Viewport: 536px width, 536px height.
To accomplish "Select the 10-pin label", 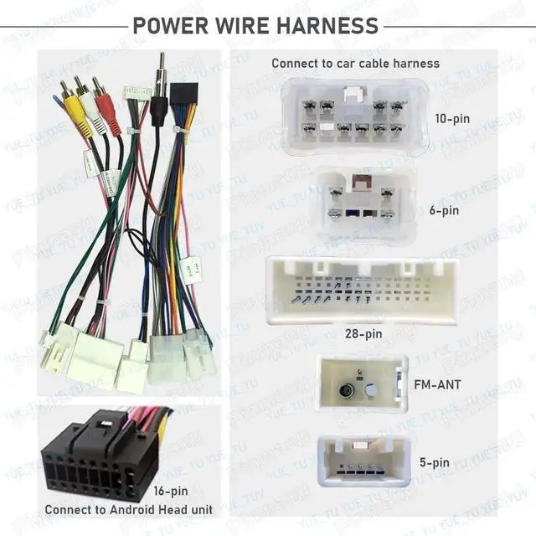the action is coord(453,118).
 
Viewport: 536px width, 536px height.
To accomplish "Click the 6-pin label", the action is coord(445,210).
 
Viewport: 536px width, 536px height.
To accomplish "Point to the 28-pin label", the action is coord(363,333).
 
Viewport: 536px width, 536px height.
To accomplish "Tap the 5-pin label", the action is coord(434,462).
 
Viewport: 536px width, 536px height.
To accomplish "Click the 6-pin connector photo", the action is coord(363,204).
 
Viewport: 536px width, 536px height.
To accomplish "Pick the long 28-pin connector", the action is coord(362,289).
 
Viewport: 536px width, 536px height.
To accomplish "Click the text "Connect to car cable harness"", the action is coord(355,64).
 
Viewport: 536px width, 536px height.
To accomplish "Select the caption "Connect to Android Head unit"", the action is coord(128,509).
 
